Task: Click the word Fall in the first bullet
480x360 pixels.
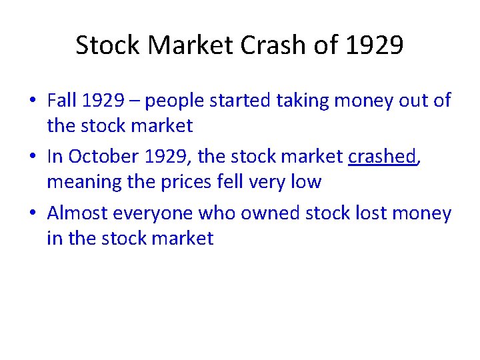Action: (62, 101)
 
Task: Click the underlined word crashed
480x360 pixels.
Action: (382, 157)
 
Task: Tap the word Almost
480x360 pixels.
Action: (77, 213)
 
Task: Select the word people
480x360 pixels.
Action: (175, 101)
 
